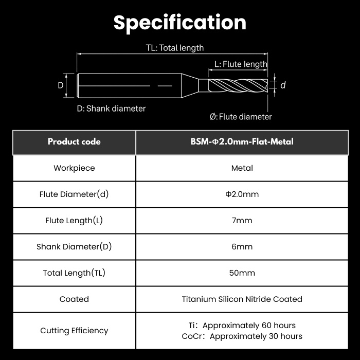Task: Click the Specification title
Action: (180, 23)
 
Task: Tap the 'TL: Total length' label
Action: (175, 48)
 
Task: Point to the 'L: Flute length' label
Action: (241, 64)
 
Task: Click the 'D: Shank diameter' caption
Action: (111, 109)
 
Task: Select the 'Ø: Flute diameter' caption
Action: (241, 117)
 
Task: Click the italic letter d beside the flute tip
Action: (283, 85)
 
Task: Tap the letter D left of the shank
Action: (61, 85)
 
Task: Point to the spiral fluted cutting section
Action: (238, 85)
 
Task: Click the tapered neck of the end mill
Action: (190, 85)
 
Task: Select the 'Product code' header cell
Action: (74, 141)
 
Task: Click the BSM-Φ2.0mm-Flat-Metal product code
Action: (242, 141)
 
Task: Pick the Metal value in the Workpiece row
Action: (242, 168)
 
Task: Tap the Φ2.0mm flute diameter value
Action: (242, 194)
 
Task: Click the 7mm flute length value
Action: (242, 221)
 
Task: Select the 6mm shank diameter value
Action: (242, 246)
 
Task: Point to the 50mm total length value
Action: (242, 273)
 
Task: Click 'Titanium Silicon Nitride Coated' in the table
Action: (242, 299)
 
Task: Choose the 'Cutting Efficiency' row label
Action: (74, 331)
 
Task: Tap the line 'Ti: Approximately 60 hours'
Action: (242, 326)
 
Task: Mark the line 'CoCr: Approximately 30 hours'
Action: (242, 336)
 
